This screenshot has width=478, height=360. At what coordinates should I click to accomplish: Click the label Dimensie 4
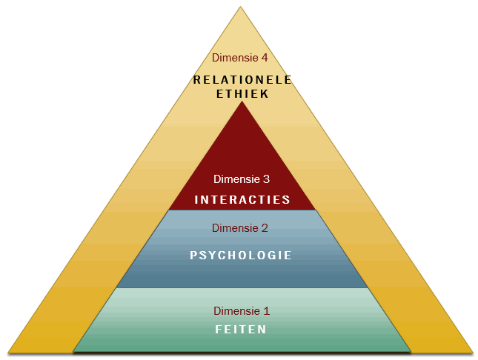[240, 58]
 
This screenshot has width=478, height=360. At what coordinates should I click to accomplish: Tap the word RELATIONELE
[242, 80]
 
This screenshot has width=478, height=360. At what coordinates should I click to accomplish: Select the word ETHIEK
[242, 94]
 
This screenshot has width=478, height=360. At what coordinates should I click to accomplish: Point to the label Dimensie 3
[242, 179]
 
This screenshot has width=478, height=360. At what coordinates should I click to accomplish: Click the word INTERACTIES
[242, 200]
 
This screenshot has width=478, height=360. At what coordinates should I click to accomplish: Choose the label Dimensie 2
[240, 228]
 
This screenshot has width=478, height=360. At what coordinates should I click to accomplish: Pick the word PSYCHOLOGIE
[241, 255]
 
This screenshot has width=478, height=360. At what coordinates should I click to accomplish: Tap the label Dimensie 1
[242, 311]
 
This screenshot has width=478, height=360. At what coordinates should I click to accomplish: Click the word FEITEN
[241, 330]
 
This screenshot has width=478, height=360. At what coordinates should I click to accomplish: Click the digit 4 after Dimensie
[265, 58]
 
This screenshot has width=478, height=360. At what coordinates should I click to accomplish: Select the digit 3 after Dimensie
[267, 179]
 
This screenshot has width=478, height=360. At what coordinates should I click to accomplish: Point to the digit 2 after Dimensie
[265, 228]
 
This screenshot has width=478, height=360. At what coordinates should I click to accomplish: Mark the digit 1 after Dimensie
[267, 311]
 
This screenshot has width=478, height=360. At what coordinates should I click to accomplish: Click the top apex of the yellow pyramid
[240, 7]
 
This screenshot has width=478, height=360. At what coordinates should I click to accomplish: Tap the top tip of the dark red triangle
[242, 101]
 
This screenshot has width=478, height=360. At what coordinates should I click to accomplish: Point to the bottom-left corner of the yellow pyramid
[8, 353]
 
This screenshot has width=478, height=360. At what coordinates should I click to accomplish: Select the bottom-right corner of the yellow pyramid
[473, 353]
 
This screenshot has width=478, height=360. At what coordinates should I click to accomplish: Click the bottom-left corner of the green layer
[73, 352]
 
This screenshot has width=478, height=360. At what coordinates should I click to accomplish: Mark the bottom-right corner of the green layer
[411, 352]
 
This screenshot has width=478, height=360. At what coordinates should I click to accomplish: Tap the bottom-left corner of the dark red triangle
[169, 210]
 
